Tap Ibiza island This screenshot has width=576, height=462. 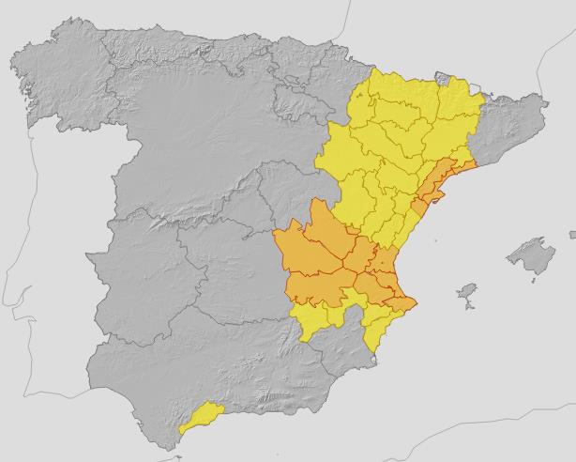466,295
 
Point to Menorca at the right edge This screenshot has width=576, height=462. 571,232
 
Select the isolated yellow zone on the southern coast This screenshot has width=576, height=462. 200,417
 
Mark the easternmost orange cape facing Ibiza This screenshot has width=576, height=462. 413,301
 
